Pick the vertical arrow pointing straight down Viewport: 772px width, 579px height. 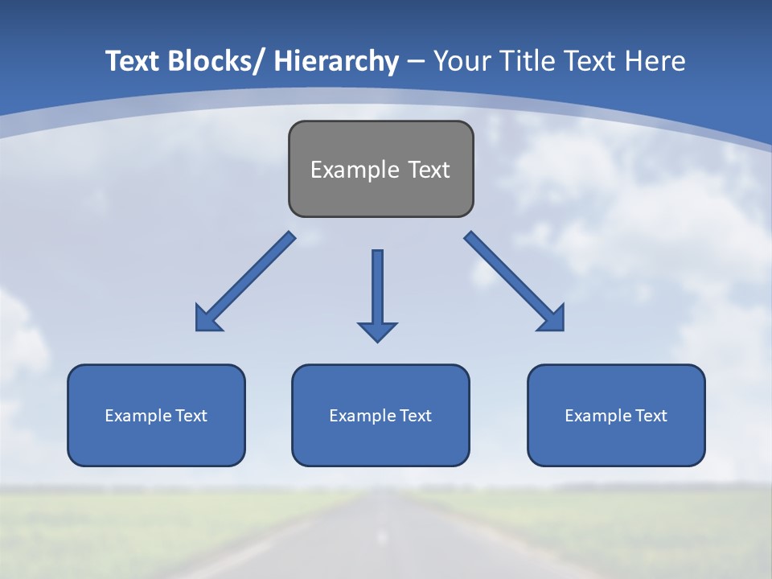(377, 289)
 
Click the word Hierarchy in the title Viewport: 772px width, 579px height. (336, 61)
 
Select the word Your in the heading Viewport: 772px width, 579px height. (461, 61)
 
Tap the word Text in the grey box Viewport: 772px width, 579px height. (428, 170)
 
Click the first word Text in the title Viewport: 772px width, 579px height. (133, 61)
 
